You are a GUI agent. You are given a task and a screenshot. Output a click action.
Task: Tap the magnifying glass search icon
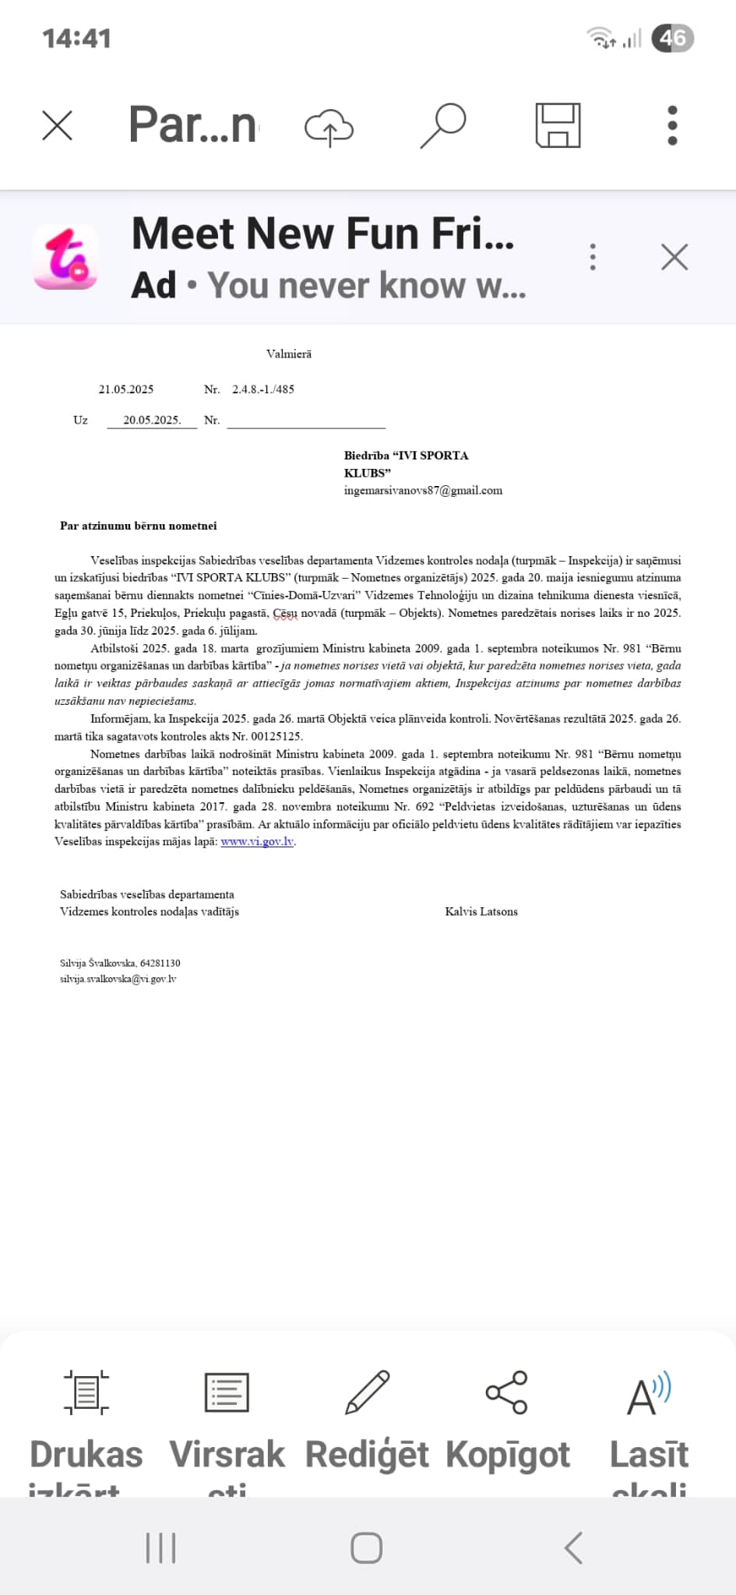coord(443,125)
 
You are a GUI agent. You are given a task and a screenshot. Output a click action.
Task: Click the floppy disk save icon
coord(558,125)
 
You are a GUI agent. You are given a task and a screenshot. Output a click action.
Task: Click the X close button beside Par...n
coord(57,125)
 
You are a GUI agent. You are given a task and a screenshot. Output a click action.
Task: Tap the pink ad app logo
coord(65,257)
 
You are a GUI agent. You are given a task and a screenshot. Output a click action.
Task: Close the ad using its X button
coord(674,257)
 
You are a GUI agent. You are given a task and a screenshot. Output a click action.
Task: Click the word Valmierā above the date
coord(289,354)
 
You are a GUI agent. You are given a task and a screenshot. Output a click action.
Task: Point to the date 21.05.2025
coord(126,389)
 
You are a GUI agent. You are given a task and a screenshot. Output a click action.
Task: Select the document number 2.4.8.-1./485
coord(263,389)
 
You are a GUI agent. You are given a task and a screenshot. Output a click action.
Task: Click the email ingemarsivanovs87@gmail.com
coord(423,491)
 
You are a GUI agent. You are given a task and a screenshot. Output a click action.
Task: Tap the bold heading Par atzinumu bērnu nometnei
coord(139,526)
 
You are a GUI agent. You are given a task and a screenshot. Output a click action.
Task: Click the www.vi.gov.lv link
coord(257,842)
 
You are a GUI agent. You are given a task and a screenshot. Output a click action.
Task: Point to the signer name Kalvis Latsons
coord(481,912)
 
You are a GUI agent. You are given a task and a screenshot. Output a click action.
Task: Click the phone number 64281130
coord(160,963)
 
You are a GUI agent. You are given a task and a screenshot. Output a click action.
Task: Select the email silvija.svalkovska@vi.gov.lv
coord(118,980)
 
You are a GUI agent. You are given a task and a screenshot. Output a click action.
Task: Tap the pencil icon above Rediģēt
coord(367,1393)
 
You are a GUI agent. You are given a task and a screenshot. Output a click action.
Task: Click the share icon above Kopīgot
coord(507,1393)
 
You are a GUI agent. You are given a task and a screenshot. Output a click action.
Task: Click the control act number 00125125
coord(276,737)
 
